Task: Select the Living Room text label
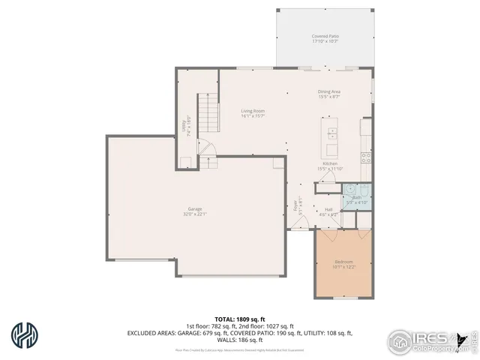point(253,111)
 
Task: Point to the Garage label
point(194,208)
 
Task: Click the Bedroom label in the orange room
point(344,262)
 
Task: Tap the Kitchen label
point(330,163)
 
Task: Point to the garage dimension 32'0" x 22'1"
point(194,214)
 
